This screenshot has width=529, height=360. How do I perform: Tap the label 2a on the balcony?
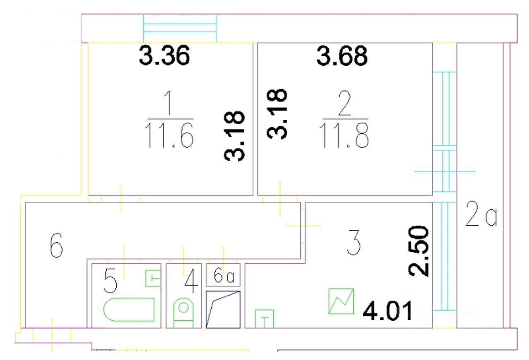click(481, 214)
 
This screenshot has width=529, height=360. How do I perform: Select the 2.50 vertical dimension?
click(420, 250)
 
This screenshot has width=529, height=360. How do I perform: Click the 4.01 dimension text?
click(387, 311)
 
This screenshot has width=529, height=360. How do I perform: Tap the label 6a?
click(224, 275)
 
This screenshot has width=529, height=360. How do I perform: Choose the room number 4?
click(190, 281)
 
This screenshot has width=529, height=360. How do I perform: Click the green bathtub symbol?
click(129, 310)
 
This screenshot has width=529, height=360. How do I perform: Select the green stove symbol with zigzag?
click(341, 301)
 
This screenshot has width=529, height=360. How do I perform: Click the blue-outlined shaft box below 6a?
click(223, 310)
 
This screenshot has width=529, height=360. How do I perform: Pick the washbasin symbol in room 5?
click(153, 278)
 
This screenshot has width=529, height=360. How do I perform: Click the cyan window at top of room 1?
click(180, 28)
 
